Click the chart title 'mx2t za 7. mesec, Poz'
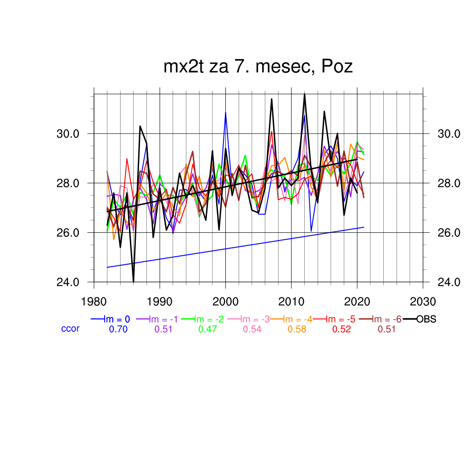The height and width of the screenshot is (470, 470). pyautogui.click(x=258, y=67)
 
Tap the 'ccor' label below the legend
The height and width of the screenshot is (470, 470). pyautogui.click(x=70, y=329)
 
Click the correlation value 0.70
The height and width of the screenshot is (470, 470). pyautogui.click(x=118, y=329)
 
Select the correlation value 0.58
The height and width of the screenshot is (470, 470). pyautogui.click(x=297, y=329)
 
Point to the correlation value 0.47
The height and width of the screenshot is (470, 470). pyautogui.click(x=207, y=329)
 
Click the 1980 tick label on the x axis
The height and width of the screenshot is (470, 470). pyautogui.click(x=94, y=302)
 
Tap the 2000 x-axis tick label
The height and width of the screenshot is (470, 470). pyautogui.click(x=225, y=302)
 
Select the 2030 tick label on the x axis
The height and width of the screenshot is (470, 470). pyautogui.click(x=423, y=302)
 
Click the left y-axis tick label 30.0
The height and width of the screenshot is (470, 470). pyautogui.click(x=68, y=134)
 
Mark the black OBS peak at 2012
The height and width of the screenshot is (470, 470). pyautogui.click(x=304, y=94)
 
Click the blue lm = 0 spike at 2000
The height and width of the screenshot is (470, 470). pyautogui.click(x=225, y=112)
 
